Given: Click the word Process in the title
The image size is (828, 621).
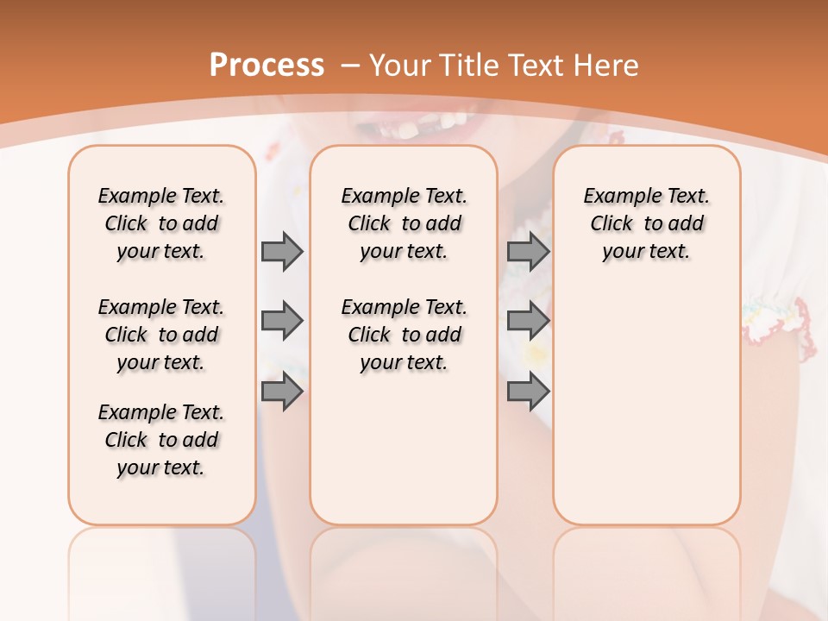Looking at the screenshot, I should (267, 66).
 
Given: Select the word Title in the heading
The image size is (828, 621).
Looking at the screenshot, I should (467, 66).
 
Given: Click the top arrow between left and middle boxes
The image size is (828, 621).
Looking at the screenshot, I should (282, 251).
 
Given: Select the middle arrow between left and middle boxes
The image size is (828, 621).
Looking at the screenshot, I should (282, 321).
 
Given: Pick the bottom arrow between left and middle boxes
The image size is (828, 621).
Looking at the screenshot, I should (282, 392).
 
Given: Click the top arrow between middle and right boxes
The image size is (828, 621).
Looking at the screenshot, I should (528, 251).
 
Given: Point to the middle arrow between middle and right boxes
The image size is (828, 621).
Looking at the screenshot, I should (528, 321).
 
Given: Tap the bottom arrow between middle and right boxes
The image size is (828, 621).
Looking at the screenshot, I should (528, 392).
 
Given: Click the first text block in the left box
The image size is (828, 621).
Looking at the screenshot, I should (161, 223).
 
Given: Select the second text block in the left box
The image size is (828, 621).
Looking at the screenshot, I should (161, 335).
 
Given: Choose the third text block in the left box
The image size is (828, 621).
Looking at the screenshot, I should (161, 440).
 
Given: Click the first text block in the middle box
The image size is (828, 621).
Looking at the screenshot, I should (404, 223).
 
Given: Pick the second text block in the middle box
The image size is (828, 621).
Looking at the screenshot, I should (404, 335).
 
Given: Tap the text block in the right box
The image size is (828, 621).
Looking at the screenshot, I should (646, 223).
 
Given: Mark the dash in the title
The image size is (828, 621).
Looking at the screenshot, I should (351, 66).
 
